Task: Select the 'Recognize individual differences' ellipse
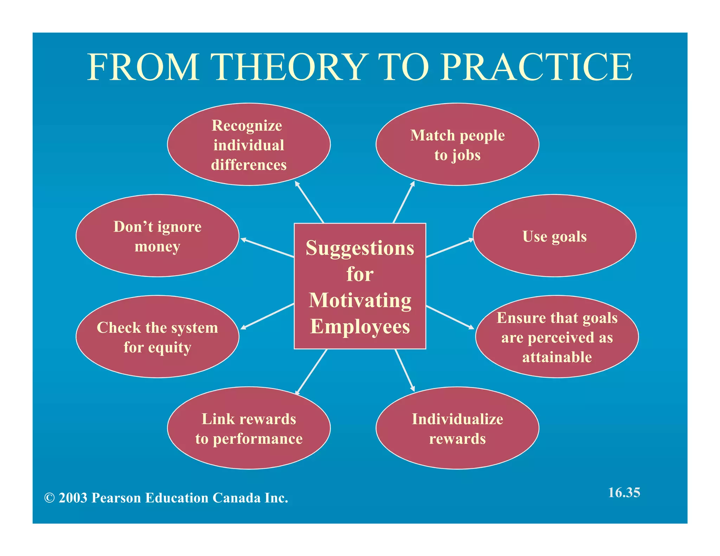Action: point(249,144)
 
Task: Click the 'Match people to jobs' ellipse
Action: point(457,144)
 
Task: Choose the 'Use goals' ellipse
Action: point(554,236)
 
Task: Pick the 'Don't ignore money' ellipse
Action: point(157,236)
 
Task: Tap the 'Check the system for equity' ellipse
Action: point(157,337)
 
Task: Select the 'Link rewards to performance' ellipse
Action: point(249,428)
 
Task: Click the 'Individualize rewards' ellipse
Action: point(457,428)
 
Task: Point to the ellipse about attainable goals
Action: point(557,337)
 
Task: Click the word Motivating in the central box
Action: point(360,300)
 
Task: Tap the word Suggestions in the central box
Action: point(360,248)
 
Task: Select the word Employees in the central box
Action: point(360,327)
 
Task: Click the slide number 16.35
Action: point(624,492)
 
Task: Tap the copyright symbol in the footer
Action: point(50,498)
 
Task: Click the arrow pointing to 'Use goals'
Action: point(450,248)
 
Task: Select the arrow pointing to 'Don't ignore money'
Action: point(267,248)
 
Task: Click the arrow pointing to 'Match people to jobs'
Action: point(404,202)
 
